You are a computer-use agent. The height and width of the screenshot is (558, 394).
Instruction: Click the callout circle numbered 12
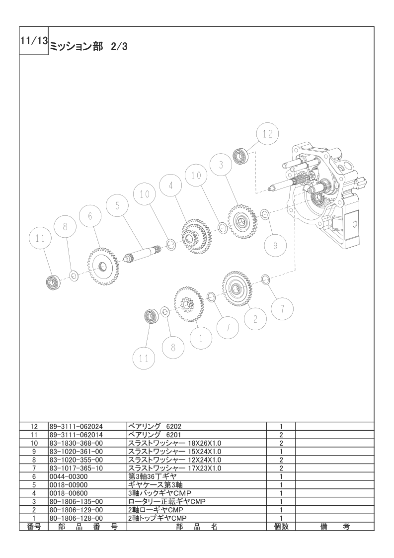pos(267,134)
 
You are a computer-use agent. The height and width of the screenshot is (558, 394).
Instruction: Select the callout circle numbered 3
pos(221,165)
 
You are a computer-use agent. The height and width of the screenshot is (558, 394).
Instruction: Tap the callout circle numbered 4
pos(171,186)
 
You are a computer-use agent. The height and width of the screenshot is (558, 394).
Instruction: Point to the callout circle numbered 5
pos(117,206)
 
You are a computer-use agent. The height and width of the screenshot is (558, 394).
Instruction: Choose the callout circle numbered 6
pos(90,216)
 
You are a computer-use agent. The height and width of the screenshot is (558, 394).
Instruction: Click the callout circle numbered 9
pos(276,245)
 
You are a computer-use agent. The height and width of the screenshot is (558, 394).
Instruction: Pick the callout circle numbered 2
pos(255,319)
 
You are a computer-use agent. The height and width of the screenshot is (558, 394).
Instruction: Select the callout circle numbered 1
pos(201,338)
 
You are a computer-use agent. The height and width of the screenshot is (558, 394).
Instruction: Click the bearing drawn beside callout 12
pos(241,156)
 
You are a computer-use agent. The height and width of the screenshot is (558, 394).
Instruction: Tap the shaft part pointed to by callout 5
pos(144,253)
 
